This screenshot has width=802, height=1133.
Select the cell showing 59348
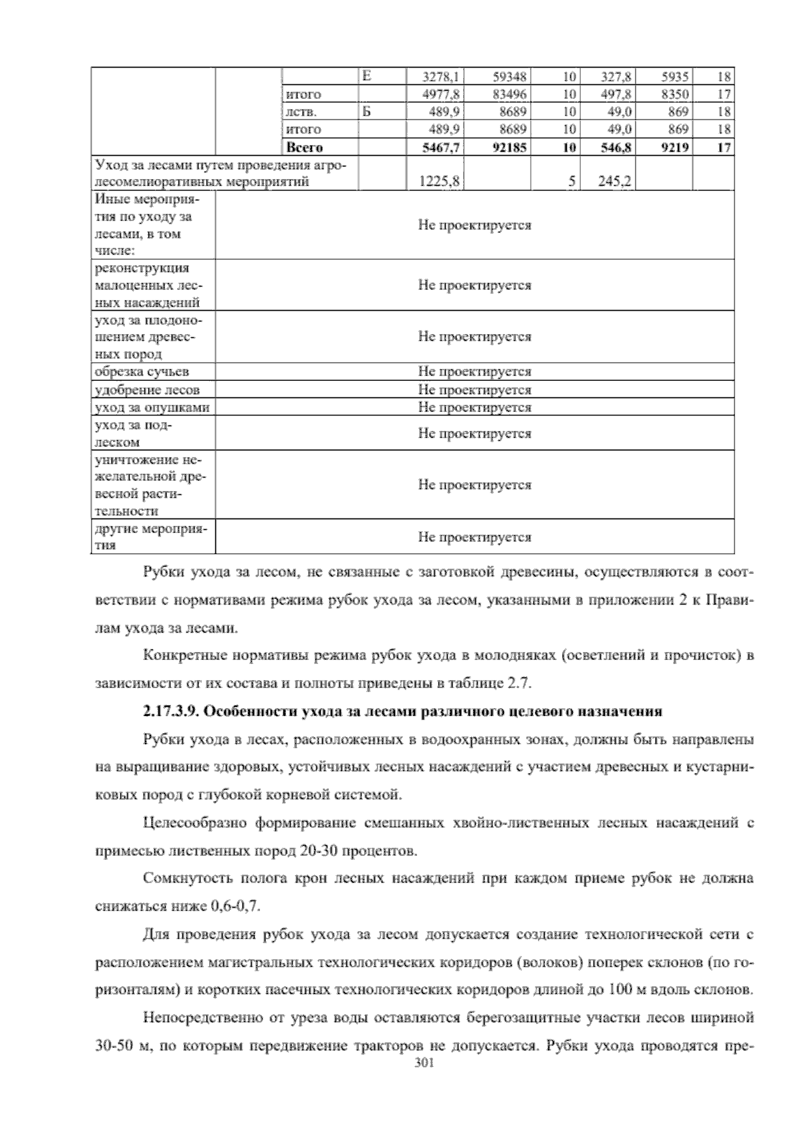click(509, 77)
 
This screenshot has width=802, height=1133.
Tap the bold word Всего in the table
click(304, 148)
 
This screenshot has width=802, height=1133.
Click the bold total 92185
click(509, 148)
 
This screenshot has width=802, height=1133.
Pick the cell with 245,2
click(616, 181)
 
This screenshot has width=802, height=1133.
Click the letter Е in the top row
click(366, 75)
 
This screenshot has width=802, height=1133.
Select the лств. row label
click(298, 112)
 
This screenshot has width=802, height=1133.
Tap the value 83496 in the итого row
click(509, 94)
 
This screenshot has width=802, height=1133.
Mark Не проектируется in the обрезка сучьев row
click(475, 371)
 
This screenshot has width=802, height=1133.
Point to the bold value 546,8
click(616, 148)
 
